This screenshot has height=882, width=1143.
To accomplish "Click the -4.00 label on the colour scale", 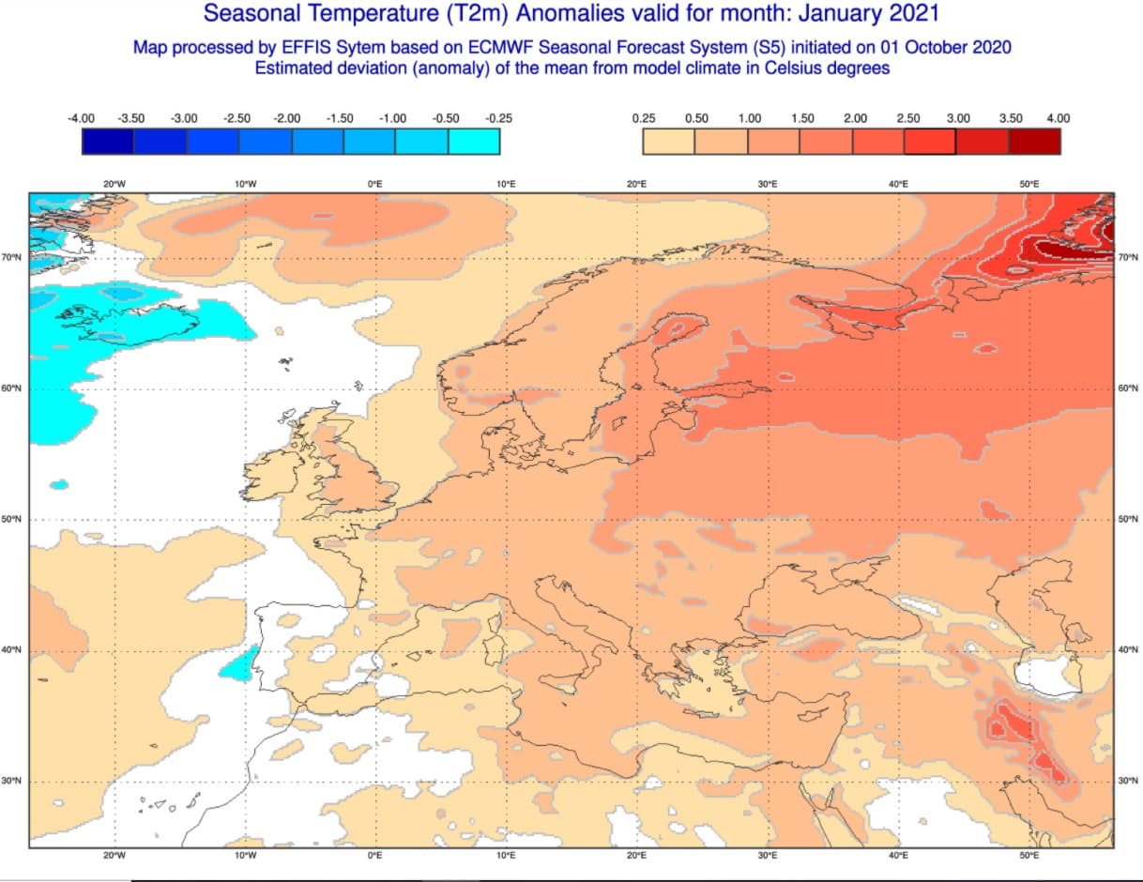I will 82,118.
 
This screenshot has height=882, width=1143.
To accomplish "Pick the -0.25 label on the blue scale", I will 498,118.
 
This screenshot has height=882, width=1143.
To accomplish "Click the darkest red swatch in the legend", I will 1034,141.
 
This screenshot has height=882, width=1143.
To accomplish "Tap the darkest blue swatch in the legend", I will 108,141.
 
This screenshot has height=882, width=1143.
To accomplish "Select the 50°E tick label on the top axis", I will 1029,184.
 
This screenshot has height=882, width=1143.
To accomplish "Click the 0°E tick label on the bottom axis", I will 374,856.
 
